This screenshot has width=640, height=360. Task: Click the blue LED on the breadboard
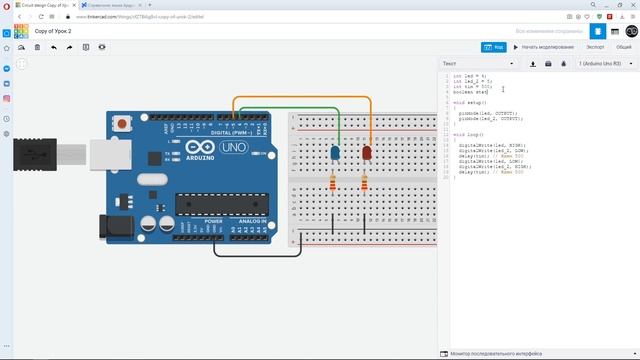334,153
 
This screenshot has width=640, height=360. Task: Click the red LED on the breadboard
365,153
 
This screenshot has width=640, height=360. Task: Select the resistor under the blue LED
333,183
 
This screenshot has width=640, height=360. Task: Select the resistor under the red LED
364,183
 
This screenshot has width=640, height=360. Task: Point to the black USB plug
30,156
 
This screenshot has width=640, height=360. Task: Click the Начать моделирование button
544,47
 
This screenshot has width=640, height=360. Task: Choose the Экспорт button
595,47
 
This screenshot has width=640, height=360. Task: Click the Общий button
623,47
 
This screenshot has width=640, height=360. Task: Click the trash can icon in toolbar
37,47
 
